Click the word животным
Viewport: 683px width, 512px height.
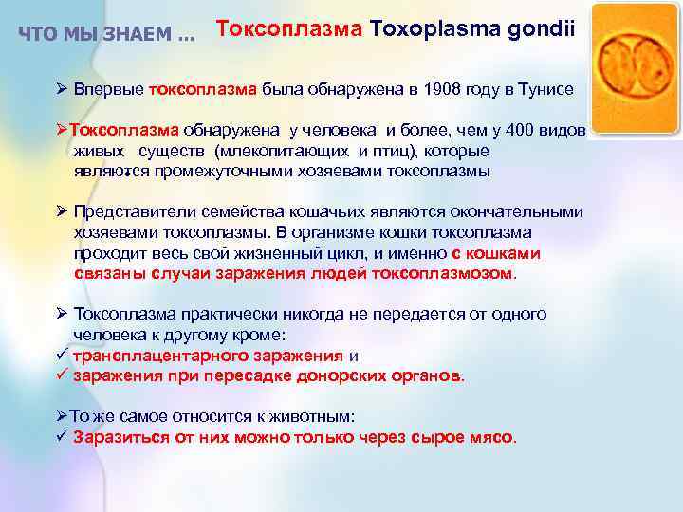coord(301,416)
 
